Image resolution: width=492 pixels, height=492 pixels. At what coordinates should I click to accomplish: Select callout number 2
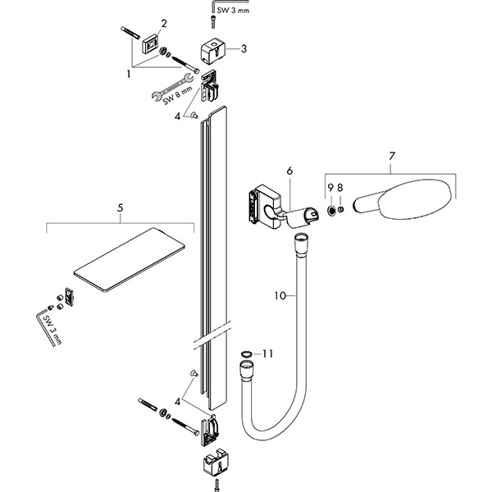[163, 23]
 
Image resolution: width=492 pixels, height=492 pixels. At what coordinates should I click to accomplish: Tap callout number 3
[244, 49]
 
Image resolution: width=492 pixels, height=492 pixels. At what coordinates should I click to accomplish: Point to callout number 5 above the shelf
[120, 208]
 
